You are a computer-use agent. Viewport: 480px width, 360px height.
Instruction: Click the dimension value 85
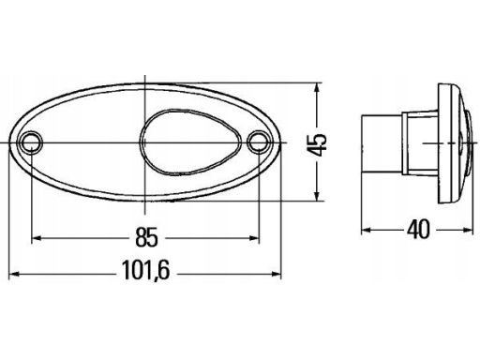146,237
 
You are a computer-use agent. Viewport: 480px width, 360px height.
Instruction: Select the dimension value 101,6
145,270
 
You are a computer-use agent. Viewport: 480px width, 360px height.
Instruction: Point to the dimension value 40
418,230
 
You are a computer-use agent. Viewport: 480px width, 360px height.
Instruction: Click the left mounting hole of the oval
31,142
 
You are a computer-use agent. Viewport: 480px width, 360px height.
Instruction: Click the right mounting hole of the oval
259,142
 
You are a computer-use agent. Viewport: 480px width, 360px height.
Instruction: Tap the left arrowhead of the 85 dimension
37,238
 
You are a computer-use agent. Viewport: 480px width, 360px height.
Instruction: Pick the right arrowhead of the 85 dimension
254,238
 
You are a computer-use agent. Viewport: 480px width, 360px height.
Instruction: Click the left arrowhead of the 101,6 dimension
14,274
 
